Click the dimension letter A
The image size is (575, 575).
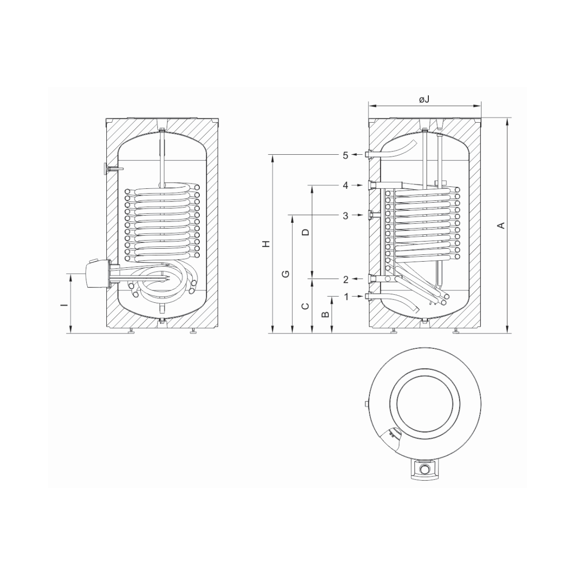click(x=502, y=225)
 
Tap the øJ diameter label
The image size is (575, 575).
click(x=424, y=99)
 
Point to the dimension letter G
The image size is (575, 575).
click(x=286, y=274)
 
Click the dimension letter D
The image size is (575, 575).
click(x=305, y=232)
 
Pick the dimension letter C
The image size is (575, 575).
click(x=305, y=306)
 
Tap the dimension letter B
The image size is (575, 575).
click(x=325, y=314)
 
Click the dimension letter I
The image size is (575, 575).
click(x=66, y=305)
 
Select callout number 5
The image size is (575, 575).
click(x=345, y=155)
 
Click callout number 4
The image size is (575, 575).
click(x=345, y=185)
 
